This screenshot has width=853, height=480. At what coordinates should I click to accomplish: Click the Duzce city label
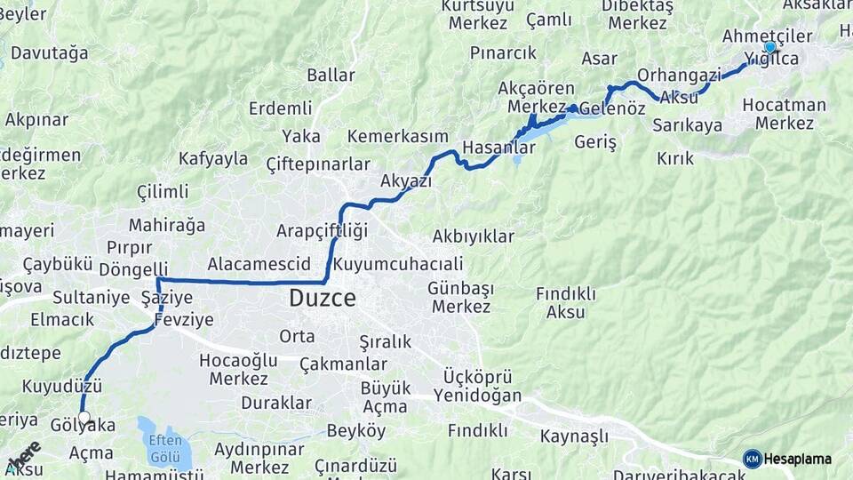click(x=322, y=299)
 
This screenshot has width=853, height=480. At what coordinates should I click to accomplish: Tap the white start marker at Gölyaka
click(x=84, y=417)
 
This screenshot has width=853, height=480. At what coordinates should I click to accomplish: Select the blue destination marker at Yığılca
click(x=769, y=47)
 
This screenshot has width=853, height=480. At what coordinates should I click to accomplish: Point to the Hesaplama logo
click(x=787, y=459)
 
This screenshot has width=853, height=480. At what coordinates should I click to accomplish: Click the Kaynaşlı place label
click(x=574, y=436)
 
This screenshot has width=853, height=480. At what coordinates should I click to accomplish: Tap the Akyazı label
click(x=406, y=181)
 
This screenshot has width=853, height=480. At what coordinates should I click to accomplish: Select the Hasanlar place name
click(x=498, y=148)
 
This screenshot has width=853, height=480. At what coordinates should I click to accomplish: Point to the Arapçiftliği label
click(x=322, y=231)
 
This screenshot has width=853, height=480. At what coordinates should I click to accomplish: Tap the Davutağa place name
click(x=50, y=53)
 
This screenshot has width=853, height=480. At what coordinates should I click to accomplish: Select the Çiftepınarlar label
click(x=318, y=164)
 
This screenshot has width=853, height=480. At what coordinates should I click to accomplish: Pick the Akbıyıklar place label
click(x=474, y=236)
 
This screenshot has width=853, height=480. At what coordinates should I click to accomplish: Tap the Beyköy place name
click(x=356, y=431)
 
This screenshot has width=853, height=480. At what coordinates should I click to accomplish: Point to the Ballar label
click(x=331, y=76)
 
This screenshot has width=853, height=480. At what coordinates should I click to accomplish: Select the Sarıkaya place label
click(x=687, y=125)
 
